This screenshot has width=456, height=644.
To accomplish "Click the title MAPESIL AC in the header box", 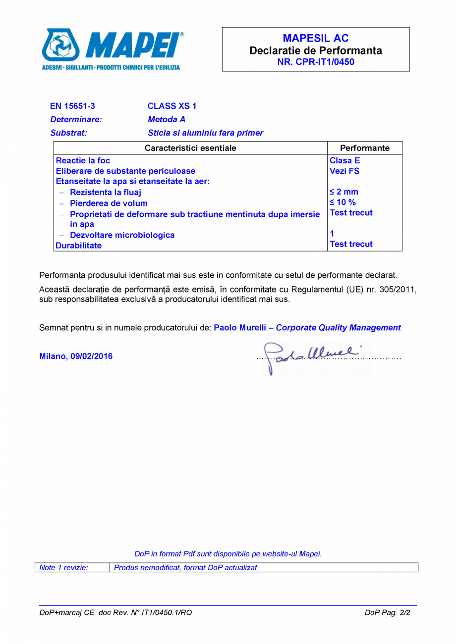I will tap(315, 38).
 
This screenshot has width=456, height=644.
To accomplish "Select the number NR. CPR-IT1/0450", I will tap(315, 62).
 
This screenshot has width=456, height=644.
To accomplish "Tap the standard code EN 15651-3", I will tap(72, 106).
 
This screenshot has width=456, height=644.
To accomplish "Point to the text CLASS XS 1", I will tap(172, 106).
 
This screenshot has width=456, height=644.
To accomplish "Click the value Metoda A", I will tap(167, 119).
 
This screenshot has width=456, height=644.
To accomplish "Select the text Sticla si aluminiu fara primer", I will tap(205, 133).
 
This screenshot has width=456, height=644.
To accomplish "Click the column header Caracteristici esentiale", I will tap(190, 148).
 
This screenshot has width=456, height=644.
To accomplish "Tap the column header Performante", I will tap(365, 148).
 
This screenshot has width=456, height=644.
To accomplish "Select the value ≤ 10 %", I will tap(342, 202).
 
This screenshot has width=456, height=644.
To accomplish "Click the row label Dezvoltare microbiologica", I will tap(122, 235).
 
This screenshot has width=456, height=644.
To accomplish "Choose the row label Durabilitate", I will tap(79, 246).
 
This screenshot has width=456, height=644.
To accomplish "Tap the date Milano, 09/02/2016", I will tap(76, 356).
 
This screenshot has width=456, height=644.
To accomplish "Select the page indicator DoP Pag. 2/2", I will tap(388, 612).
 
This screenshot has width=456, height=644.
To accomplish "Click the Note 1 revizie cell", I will tap(63, 568).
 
